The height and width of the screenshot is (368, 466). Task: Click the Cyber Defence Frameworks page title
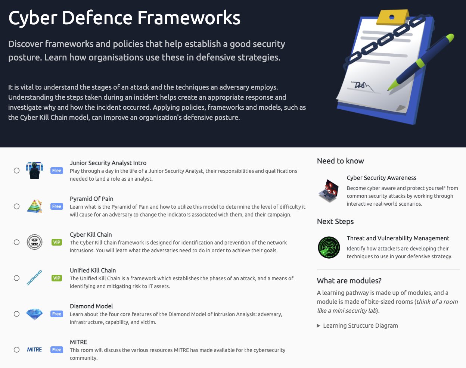pyautogui.click(x=124, y=18)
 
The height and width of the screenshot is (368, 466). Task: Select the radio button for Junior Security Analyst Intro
pyautogui.click(x=16, y=171)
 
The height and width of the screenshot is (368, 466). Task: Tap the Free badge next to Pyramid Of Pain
pyautogui.click(x=57, y=206)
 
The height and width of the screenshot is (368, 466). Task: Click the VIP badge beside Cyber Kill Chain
pyautogui.click(x=57, y=242)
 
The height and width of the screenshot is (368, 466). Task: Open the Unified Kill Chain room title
pyautogui.click(x=93, y=270)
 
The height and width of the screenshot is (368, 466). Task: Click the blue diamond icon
pyautogui.click(x=34, y=314)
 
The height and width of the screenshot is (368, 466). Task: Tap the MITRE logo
pyautogui.click(x=34, y=350)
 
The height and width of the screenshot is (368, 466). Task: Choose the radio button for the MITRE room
pyautogui.click(x=16, y=350)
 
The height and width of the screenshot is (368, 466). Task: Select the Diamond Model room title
pyautogui.click(x=91, y=306)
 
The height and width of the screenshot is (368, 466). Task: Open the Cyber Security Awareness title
pyautogui.click(x=381, y=178)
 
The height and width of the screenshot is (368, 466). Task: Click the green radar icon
pyautogui.click(x=329, y=247)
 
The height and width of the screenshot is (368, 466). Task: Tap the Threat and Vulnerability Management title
pyautogui.click(x=398, y=238)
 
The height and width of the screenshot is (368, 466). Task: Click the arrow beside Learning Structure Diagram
pyautogui.click(x=319, y=326)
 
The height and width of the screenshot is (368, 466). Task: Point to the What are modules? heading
pyautogui.click(x=349, y=281)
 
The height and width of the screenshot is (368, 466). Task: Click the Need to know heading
pyautogui.click(x=340, y=161)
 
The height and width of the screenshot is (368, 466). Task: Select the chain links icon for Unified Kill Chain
pyautogui.click(x=34, y=278)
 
